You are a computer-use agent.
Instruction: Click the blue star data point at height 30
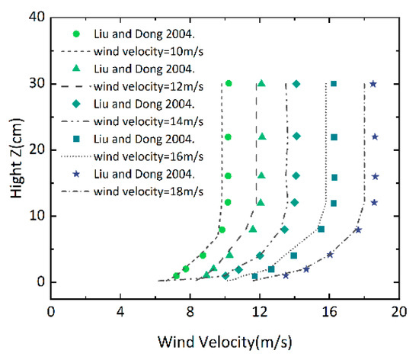pyautogui.click(x=373, y=84)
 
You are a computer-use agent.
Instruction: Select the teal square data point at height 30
pyautogui.click(x=333, y=84)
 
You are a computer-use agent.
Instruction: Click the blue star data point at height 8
pyautogui.click(x=357, y=230)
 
